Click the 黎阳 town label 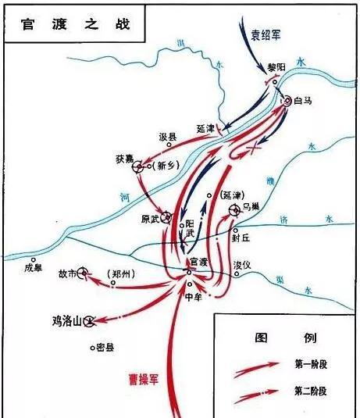click(x=273, y=67)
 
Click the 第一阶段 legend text click(x=313, y=363)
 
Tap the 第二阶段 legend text click(x=313, y=390)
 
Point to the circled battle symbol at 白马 click(x=287, y=100)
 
